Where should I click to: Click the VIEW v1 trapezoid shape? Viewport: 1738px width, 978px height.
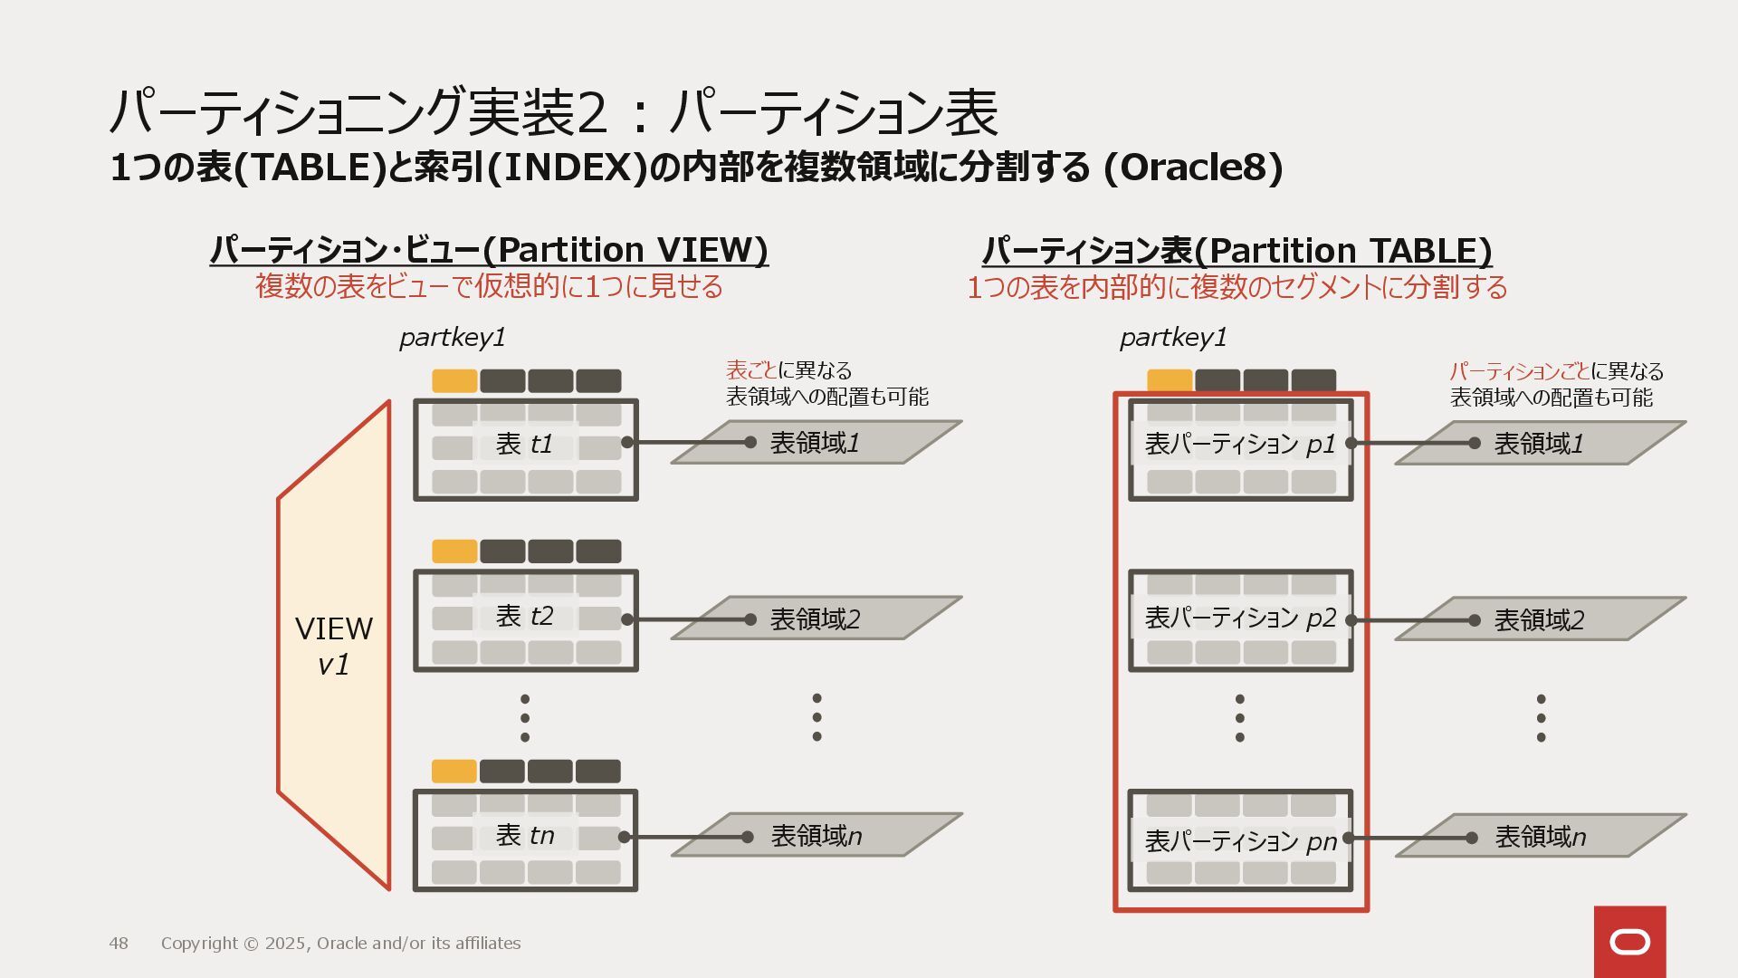[x=334, y=646]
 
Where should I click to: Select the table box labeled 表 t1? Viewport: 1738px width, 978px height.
[x=525, y=449]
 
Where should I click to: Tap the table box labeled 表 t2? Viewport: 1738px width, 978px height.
[x=525, y=620]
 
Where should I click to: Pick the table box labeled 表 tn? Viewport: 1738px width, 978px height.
[x=525, y=839]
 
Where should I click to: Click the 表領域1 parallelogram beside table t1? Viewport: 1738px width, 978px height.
[x=816, y=443]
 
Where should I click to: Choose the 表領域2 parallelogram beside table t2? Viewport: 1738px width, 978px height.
[x=816, y=618]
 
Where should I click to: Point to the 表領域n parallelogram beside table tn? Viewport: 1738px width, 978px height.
[x=816, y=835]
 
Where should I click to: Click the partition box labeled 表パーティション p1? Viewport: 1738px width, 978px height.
[x=1240, y=449]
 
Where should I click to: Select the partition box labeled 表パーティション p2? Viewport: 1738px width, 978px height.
[x=1240, y=620]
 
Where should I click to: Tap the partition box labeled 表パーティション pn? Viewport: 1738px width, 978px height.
[x=1240, y=840]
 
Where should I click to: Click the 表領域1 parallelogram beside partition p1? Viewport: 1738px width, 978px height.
[x=1540, y=444]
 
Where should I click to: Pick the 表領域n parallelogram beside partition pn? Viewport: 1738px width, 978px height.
[x=1540, y=836]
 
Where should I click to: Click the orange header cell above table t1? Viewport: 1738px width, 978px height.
[x=454, y=380]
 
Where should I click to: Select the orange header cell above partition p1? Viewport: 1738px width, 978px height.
[x=1170, y=379]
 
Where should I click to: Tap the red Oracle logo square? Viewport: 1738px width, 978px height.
[x=1629, y=942]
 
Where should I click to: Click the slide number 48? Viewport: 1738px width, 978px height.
[x=119, y=944]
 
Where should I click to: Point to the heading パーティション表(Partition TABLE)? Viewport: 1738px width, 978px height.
[x=1237, y=250]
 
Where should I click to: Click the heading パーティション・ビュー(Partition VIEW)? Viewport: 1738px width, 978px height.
[x=489, y=249]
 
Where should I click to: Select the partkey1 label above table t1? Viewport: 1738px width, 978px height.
[x=452, y=338]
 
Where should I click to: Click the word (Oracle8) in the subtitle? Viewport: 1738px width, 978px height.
[x=1192, y=168]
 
